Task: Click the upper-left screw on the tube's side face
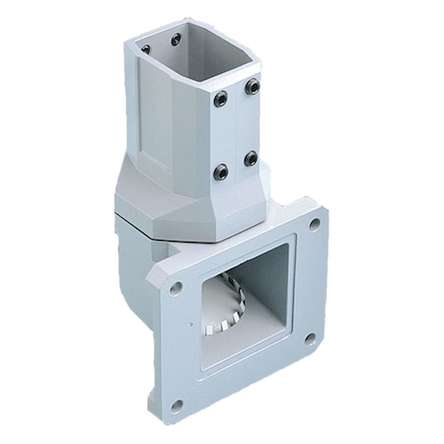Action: click(220, 98)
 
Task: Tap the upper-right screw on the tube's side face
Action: click(253, 87)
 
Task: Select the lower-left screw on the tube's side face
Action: click(220, 172)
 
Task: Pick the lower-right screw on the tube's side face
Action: click(251, 158)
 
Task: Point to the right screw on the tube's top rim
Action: click(176, 39)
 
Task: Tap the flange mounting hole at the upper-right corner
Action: click(314, 224)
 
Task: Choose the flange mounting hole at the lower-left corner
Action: click(177, 405)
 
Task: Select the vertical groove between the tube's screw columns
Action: click(236, 128)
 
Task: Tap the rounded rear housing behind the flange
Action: click(133, 257)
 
